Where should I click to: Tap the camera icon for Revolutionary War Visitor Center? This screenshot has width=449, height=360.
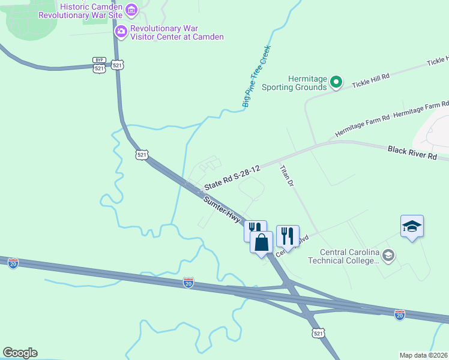[x=121, y=31]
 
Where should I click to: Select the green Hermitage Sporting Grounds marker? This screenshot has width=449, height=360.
[x=336, y=83]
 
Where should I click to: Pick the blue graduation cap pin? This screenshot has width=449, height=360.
[x=412, y=226]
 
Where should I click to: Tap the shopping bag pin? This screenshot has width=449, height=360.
[x=261, y=242]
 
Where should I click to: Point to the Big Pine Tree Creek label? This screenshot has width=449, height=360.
[x=257, y=77]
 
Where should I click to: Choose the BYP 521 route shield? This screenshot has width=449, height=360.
[x=99, y=65]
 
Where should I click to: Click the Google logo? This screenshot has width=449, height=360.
[x=20, y=353]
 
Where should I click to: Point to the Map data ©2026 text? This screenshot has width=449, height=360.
[x=423, y=355]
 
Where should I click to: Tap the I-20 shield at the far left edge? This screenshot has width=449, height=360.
[x=13, y=262]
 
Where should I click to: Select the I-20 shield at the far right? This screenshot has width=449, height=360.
[x=400, y=314]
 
